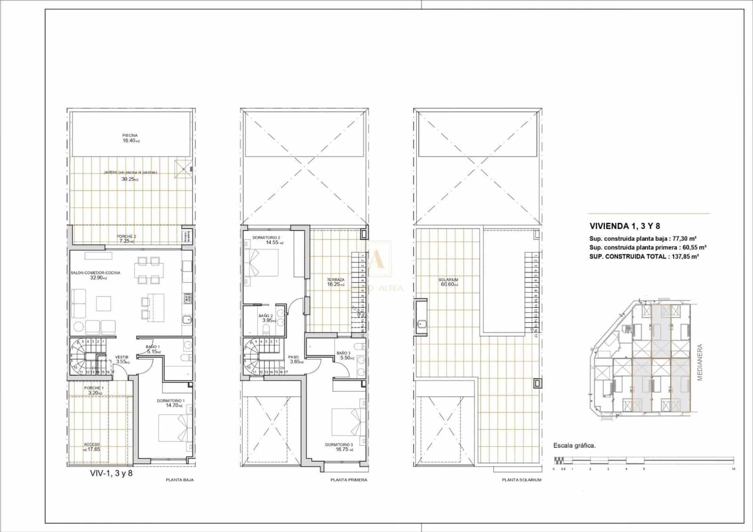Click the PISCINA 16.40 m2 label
point(130,138)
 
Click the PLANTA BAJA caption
point(180,480)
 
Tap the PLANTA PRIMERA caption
point(349,480)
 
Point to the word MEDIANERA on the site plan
point(700,363)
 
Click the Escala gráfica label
point(575,445)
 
